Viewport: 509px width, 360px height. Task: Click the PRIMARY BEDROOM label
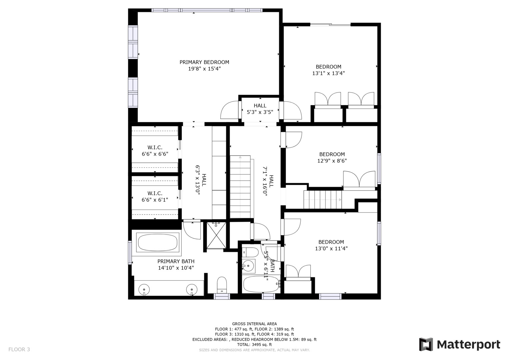pos(204,62)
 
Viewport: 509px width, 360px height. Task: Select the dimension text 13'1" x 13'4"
pos(328,73)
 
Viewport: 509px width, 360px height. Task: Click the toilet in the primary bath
pos(222,284)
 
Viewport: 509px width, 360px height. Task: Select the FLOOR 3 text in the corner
pos(19,349)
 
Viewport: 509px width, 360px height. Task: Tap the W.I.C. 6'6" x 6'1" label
pos(155,197)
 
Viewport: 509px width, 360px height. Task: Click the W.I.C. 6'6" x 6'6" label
pos(155,151)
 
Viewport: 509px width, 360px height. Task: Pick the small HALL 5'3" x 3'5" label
pos(260,109)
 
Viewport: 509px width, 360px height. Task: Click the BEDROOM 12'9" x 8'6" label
pos(332,157)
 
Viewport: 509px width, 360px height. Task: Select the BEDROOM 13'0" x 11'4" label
pos(331,245)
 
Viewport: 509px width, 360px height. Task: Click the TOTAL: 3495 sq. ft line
pos(254,345)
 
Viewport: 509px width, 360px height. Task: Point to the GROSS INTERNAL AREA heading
pos(254,324)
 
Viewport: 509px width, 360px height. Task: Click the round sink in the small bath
pos(248,266)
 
